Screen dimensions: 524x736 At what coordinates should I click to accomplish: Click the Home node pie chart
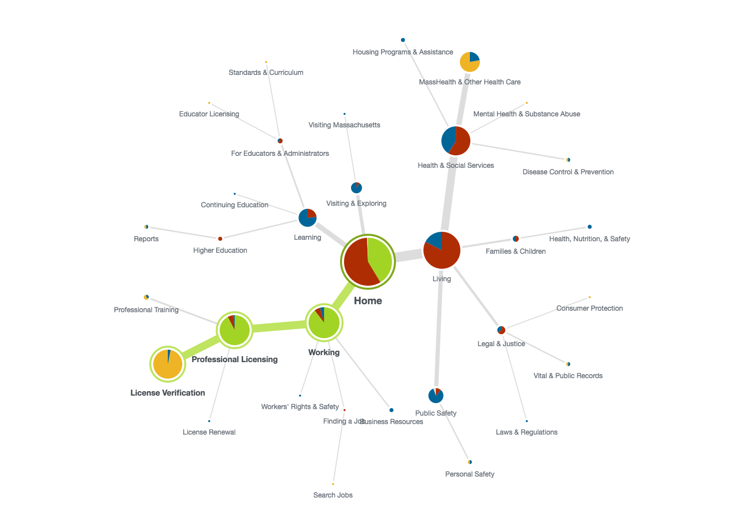(368, 262)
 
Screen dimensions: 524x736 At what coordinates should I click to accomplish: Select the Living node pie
(442, 250)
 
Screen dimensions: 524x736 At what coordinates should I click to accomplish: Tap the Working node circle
(324, 323)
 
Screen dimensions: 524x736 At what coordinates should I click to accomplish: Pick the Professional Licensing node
(235, 330)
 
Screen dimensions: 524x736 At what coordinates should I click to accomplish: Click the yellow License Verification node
(168, 364)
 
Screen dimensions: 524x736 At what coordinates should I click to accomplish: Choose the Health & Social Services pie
(456, 141)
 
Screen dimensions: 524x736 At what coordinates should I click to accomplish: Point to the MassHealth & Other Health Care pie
(470, 62)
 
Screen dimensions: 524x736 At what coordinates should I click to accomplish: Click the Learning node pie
(308, 218)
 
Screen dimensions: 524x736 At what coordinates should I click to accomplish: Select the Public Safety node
(436, 396)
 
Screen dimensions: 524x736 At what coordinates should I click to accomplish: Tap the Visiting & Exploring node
(357, 188)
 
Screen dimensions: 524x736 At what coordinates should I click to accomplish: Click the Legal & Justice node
(501, 330)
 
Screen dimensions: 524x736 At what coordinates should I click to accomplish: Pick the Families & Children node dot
(516, 239)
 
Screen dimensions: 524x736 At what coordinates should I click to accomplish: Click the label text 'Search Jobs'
(333, 495)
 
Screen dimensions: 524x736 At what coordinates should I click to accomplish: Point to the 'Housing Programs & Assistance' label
(403, 52)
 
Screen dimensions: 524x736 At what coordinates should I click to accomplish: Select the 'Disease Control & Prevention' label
(568, 172)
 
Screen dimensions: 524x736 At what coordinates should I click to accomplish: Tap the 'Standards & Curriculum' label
(266, 72)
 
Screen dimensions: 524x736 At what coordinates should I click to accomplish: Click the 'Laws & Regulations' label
(527, 432)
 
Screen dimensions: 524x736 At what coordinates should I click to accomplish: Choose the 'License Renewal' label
(209, 432)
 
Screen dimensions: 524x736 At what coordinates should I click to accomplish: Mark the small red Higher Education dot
(220, 239)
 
